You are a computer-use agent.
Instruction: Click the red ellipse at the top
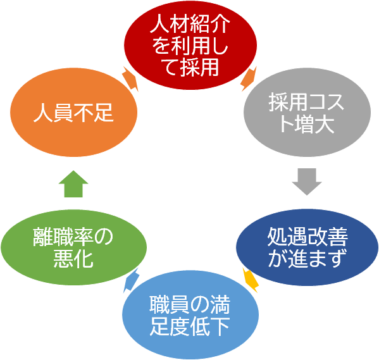[x=190, y=45]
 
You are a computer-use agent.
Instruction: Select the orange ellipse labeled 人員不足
[x=74, y=112]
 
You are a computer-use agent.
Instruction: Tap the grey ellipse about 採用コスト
[x=307, y=112]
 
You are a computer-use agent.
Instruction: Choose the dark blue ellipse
[x=307, y=247]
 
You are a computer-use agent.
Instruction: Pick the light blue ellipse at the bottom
[x=190, y=314]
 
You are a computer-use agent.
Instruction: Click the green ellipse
[x=74, y=247]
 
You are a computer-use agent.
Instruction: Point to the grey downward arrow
[x=307, y=182]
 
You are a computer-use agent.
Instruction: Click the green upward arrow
[x=73, y=183]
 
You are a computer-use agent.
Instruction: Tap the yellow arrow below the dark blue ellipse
[x=251, y=280]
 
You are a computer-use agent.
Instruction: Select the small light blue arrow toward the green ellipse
[x=131, y=280]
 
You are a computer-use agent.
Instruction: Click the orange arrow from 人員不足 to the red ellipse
[x=130, y=79]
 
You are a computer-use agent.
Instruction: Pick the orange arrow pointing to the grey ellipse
[x=249, y=79]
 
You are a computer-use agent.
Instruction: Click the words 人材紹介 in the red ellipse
[x=190, y=23]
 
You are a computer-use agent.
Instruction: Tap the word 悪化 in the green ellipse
[x=73, y=259]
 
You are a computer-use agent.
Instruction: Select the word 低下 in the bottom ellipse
[x=210, y=327]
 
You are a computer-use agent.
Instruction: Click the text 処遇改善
[x=308, y=237]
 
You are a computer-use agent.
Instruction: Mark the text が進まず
[x=308, y=258]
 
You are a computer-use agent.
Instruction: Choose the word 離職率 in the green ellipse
[x=63, y=237]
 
